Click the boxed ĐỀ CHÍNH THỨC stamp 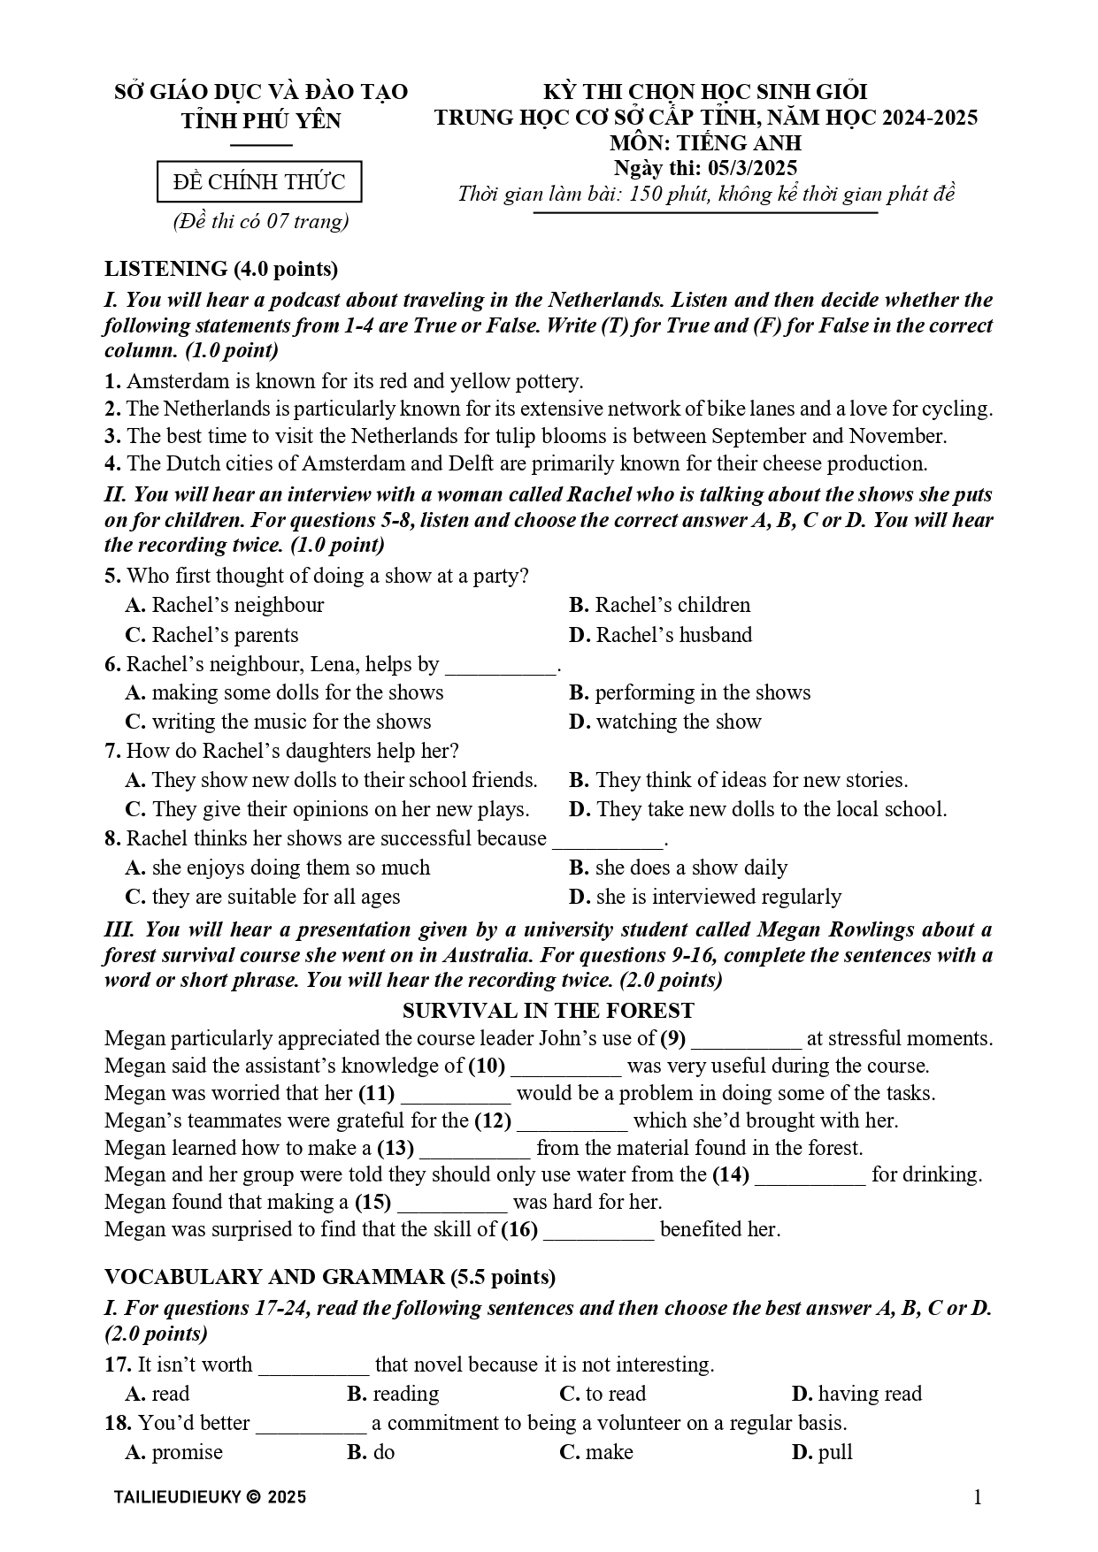click(259, 182)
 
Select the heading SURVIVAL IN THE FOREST click(549, 1010)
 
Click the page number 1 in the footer click(977, 1497)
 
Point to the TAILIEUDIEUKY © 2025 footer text click(210, 1497)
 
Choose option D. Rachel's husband click(660, 635)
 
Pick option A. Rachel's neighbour click(225, 605)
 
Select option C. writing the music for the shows click(278, 722)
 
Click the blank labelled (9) click(746, 1040)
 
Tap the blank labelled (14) click(810, 1176)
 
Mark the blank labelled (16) click(598, 1231)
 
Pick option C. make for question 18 click(596, 1452)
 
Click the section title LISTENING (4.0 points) click(221, 268)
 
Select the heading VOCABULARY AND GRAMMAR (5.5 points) click(330, 1277)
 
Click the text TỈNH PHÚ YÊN click(261, 121)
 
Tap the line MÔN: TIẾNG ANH click(705, 143)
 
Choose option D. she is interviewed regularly click(705, 897)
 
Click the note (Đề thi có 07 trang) click(260, 221)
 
